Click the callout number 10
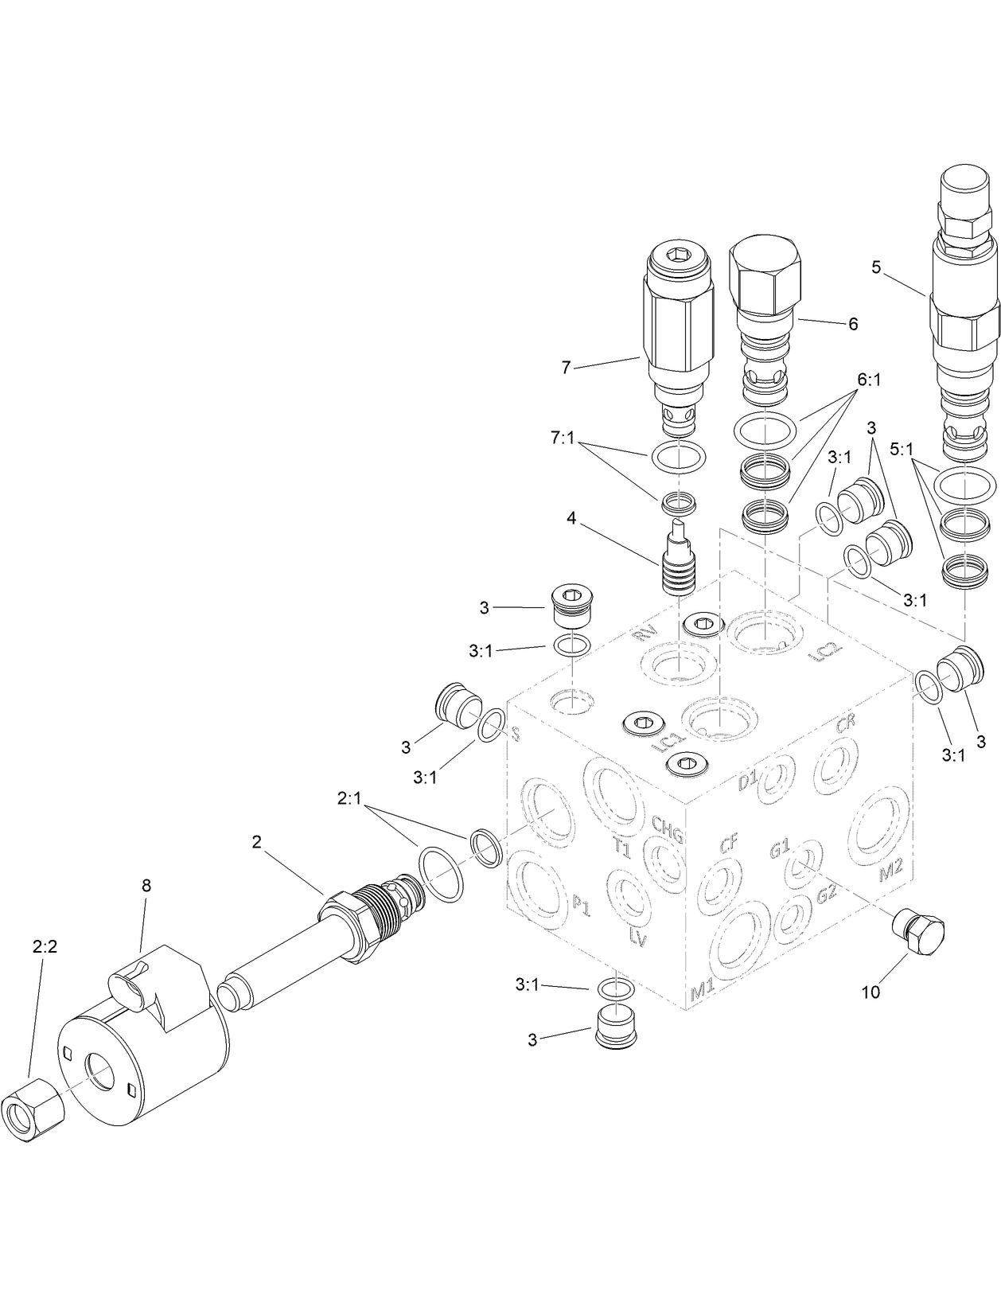tap(871, 992)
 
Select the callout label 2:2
tap(45, 946)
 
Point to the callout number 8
tap(146, 885)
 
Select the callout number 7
tap(566, 367)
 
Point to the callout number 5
tap(876, 267)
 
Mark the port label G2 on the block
tap(826, 893)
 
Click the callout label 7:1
tap(562, 438)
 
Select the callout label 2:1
tap(349, 798)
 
